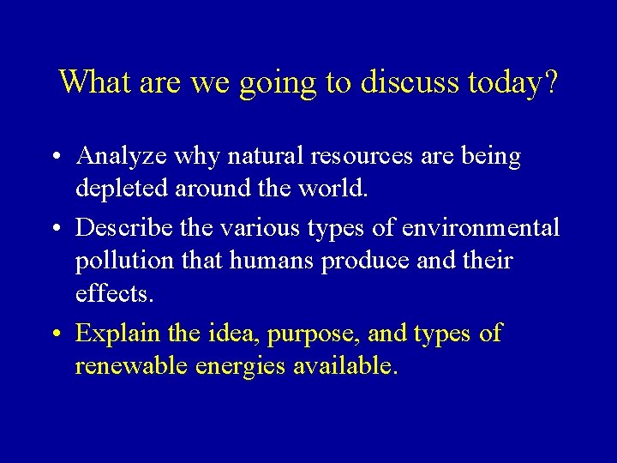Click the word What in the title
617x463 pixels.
[x=92, y=82]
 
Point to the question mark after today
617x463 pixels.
[x=550, y=82]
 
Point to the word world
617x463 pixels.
[x=335, y=189]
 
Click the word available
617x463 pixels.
[x=345, y=366]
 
